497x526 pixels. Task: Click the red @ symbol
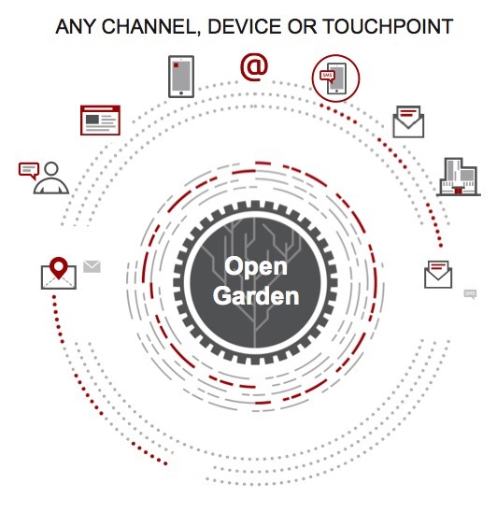click(x=254, y=67)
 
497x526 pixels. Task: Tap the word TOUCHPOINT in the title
click(x=388, y=27)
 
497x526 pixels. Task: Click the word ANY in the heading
click(x=76, y=27)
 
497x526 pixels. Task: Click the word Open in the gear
click(x=256, y=266)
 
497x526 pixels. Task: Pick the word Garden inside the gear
click(x=256, y=296)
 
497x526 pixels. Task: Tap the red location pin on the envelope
click(x=59, y=268)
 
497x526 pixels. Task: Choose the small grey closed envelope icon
click(x=92, y=266)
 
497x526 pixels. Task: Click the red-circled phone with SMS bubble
click(x=335, y=78)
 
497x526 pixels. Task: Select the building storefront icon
click(x=459, y=177)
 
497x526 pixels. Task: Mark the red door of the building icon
click(x=458, y=191)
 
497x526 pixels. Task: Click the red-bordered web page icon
click(x=100, y=121)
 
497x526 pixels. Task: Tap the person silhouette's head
click(x=51, y=169)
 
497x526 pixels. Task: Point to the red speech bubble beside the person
click(x=29, y=170)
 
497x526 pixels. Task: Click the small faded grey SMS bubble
click(x=470, y=294)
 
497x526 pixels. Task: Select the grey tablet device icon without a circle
click(x=181, y=77)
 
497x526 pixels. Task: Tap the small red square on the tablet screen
click(x=176, y=65)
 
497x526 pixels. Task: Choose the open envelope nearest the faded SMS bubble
click(x=438, y=274)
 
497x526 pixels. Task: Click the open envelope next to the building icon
click(x=408, y=121)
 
